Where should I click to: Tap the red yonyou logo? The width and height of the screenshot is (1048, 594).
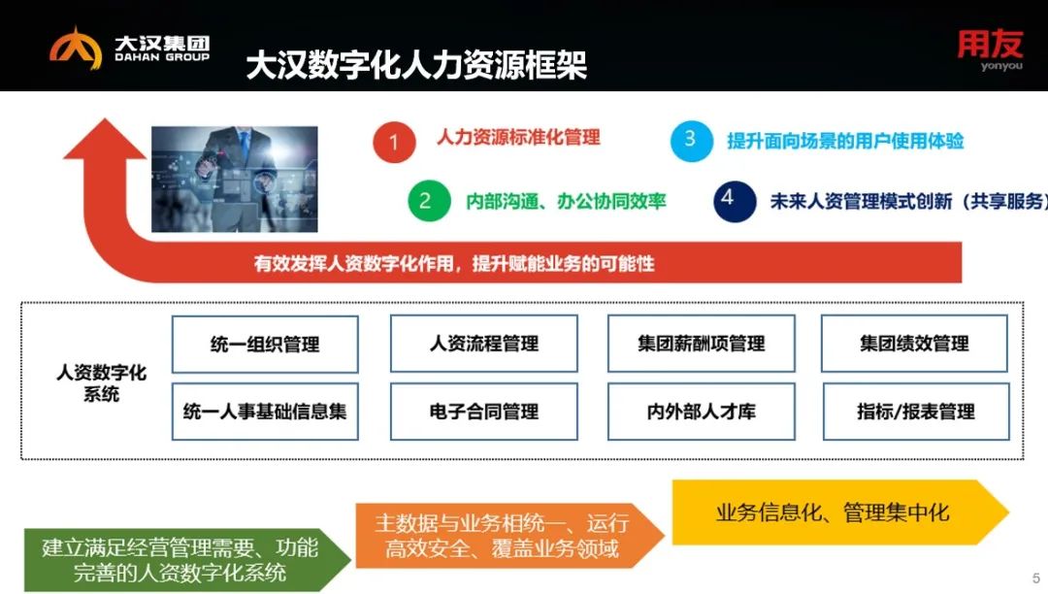pyautogui.click(x=990, y=49)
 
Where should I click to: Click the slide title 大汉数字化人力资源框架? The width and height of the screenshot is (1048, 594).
pyautogui.click(x=416, y=65)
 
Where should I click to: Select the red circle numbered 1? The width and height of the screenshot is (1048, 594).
pyautogui.click(x=394, y=142)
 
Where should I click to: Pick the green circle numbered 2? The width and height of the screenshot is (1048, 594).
pyautogui.click(x=429, y=201)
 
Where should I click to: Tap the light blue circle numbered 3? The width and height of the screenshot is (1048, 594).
pyautogui.click(x=692, y=141)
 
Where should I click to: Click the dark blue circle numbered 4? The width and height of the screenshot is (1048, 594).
pyautogui.click(x=735, y=201)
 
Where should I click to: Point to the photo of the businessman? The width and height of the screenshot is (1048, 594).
pyautogui.click(x=235, y=179)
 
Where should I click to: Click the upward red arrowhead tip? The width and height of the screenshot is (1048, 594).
pyautogui.click(x=105, y=119)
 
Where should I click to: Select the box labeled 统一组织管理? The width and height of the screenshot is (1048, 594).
pyautogui.click(x=265, y=345)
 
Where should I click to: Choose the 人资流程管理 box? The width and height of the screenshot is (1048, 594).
pyautogui.click(x=484, y=344)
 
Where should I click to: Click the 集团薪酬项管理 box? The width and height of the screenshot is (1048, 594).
pyautogui.click(x=702, y=344)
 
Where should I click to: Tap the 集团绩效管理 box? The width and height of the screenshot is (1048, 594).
pyautogui.click(x=914, y=344)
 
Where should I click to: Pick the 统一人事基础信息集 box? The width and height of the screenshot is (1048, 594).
pyautogui.click(x=265, y=412)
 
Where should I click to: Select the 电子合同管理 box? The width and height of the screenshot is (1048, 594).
pyautogui.click(x=484, y=412)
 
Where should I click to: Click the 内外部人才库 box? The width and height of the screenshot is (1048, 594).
pyautogui.click(x=702, y=412)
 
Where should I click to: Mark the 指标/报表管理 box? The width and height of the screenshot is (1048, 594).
pyautogui.click(x=916, y=412)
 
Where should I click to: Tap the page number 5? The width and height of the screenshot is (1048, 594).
pyautogui.click(x=1036, y=578)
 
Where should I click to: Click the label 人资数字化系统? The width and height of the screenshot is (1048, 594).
pyautogui.click(x=101, y=382)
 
